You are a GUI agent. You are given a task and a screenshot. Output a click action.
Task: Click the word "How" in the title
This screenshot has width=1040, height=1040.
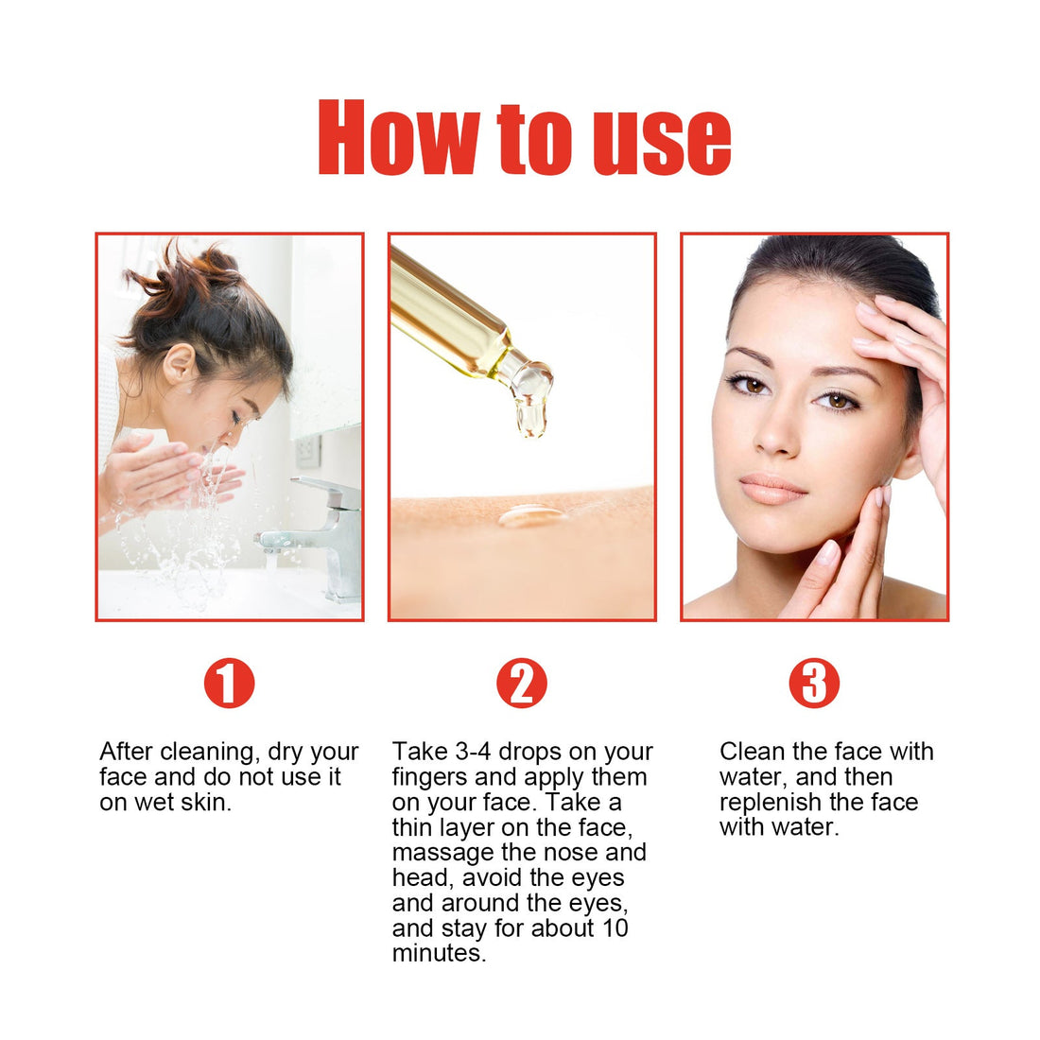click(x=397, y=140)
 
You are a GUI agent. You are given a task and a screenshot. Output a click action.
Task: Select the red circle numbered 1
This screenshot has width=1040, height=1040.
click(x=230, y=683)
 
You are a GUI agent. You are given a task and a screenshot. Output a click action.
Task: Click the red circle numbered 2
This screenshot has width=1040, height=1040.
click(x=522, y=683)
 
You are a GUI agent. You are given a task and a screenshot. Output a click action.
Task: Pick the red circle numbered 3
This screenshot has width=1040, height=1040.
click(x=814, y=683)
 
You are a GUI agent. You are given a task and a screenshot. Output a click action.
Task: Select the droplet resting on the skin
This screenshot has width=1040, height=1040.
click(x=531, y=515)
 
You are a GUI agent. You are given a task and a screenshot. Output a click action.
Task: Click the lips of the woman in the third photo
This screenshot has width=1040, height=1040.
click(x=772, y=490)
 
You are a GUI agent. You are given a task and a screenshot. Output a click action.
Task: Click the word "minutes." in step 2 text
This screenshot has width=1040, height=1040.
click(x=439, y=953)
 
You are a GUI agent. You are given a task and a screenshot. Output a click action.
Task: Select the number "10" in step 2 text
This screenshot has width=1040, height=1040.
click(x=615, y=927)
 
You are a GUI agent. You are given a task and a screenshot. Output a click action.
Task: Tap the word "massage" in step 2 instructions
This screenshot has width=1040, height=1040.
click(x=442, y=852)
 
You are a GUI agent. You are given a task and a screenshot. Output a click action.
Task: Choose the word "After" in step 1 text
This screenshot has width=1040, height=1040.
click(x=127, y=752)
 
